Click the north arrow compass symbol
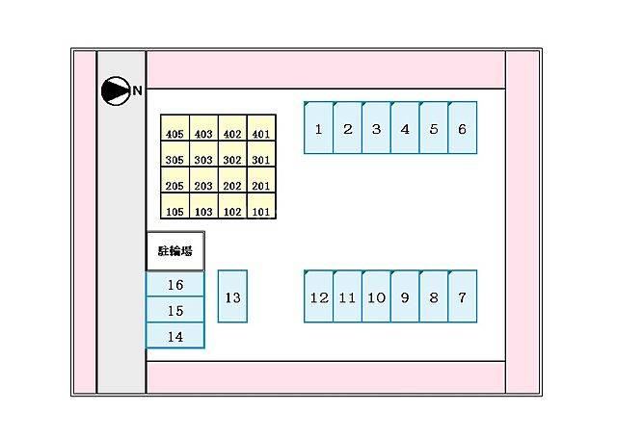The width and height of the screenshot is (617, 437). coord(116,90)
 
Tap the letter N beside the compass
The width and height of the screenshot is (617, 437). coord(137,90)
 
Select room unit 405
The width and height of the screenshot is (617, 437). coord(175,128)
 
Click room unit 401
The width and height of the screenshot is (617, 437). coord(261,128)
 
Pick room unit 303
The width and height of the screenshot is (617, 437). coord(203,154)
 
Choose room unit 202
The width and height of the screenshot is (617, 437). coord(232,180)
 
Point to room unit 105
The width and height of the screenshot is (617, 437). coord(175,206)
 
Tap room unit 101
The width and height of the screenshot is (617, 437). coord(261,206)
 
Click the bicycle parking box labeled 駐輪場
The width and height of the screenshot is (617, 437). coord(175,251)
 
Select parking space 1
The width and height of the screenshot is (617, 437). coord(319,128)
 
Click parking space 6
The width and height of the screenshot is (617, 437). coord(463,128)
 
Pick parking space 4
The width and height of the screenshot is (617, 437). coord(405,128)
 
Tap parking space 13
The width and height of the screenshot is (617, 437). coord(232,296)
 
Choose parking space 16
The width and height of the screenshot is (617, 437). coord(175,284)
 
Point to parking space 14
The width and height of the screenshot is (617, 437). coord(175,336)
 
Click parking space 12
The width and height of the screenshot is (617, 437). coord(319,296)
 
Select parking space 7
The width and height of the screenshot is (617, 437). coord(463,296)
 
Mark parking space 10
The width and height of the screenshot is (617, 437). coord(376,296)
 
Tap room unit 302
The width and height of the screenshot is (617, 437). coord(232,154)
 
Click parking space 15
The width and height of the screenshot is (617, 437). coord(175,310)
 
